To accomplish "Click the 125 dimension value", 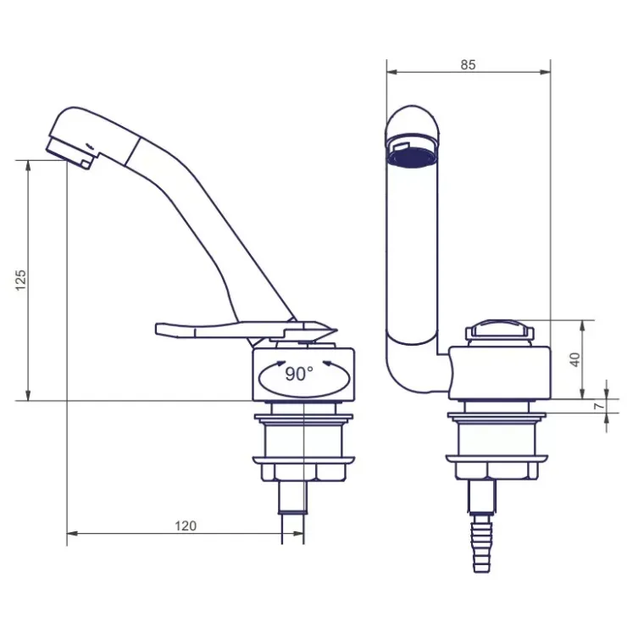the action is pyautogui.click(x=21, y=280).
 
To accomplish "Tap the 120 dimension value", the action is pyautogui.click(x=186, y=525).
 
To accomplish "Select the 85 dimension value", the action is pyautogui.click(x=468, y=64).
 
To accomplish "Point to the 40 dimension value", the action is pyautogui.click(x=575, y=359).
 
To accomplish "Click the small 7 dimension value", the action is pyautogui.click(x=598, y=406).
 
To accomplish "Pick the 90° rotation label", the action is pyautogui.click(x=299, y=374).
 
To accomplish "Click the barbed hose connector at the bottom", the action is pyautogui.click(x=482, y=543).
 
